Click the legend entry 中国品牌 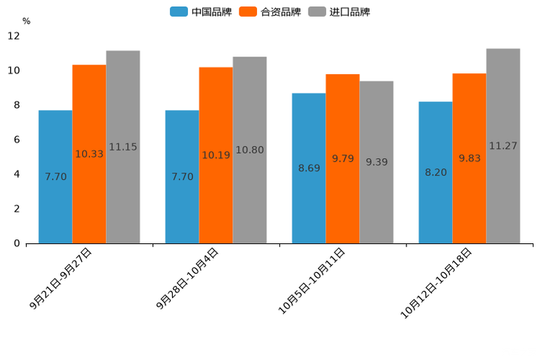tap(201, 12)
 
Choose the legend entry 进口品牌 tap(339, 12)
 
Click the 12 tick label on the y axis tap(14, 36)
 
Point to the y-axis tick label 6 tap(17, 139)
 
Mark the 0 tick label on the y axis tap(17, 243)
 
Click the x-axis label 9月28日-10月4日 tap(187, 279)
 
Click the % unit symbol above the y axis tap(26, 21)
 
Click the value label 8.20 tap(435, 173)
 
